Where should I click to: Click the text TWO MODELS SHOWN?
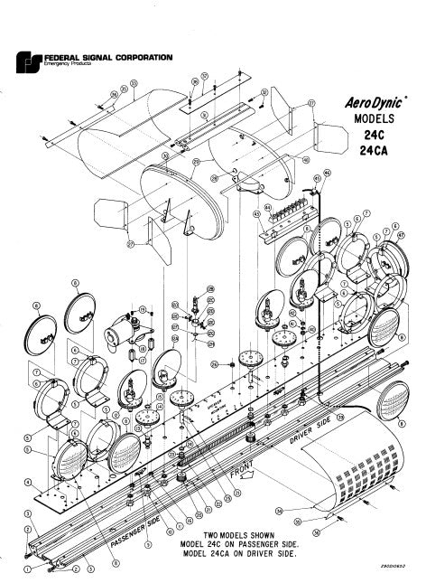(241, 535)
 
